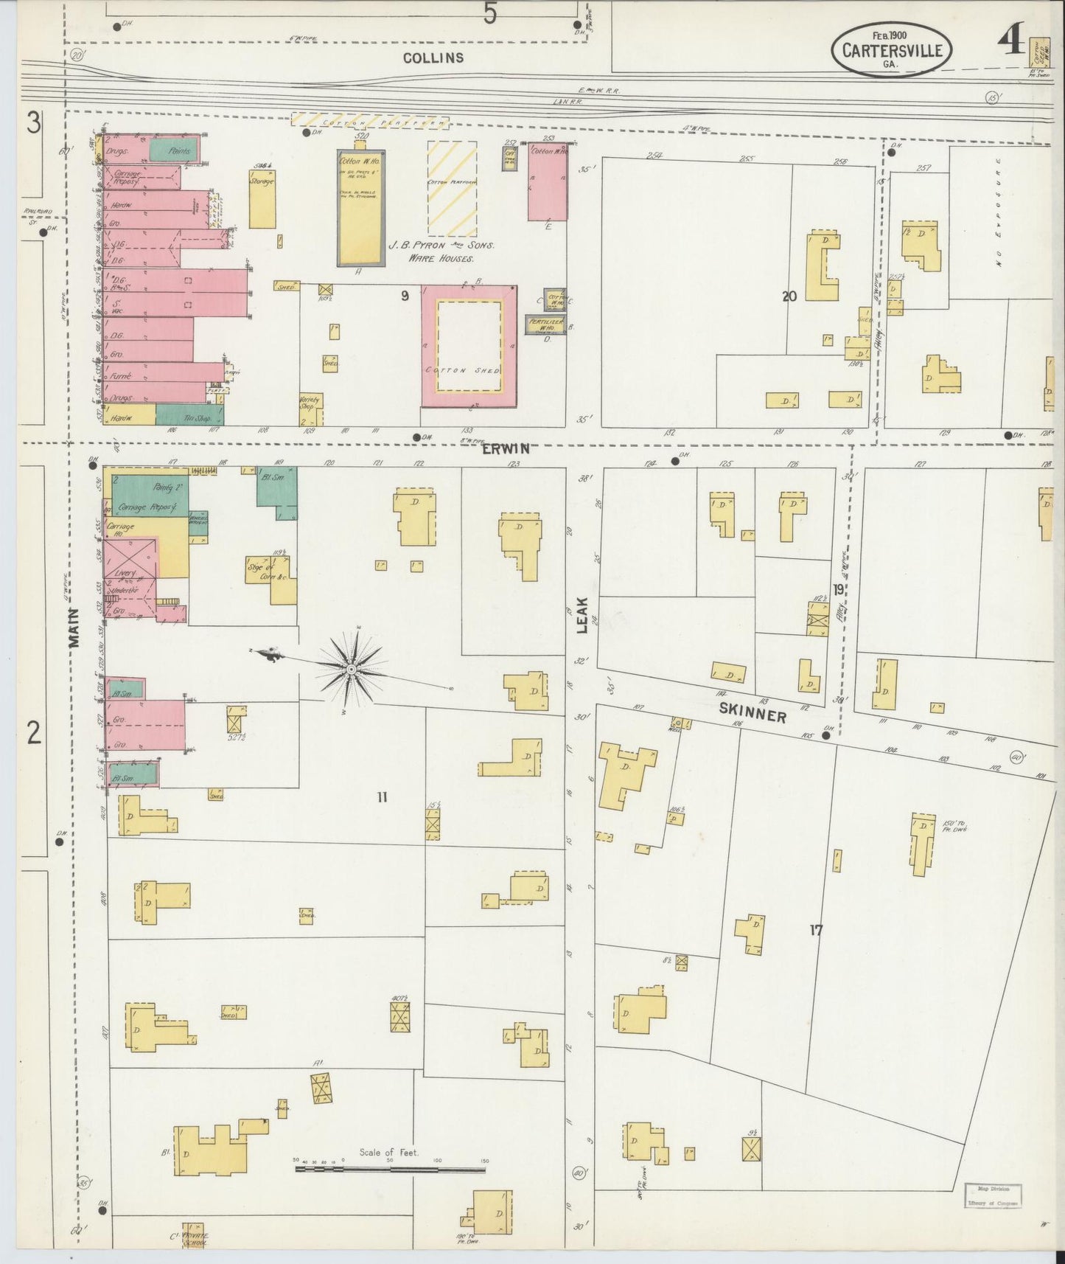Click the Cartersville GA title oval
pyautogui.click(x=892, y=49)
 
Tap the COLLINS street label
pyautogui.click(x=433, y=58)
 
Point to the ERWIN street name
pyautogui.click(x=506, y=448)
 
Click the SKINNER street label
pyautogui.click(x=753, y=712)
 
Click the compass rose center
pyautogui.click(x=352, y=669)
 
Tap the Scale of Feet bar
pyautogui.click(x=390, y=1169)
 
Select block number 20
pyautogui.click(x=789, y=296)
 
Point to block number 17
pyautogui.click(x=815, y=931)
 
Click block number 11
pyautogui.click(x=382, y=796)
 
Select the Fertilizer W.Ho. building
pyautogui.click(x=545, y=325)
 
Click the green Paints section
pyautogui.click(x=174, y=150)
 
